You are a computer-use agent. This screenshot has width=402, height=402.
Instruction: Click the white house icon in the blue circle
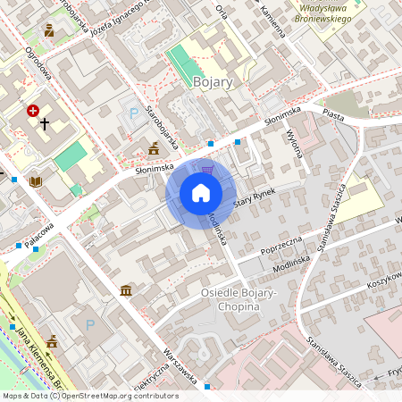[x=201, y=193]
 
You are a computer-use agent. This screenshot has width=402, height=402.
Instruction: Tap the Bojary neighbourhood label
[x=213, y=82]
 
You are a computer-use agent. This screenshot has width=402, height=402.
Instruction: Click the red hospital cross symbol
[x=33, y=111]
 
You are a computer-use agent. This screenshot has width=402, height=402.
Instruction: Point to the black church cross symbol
[x=44, y=122]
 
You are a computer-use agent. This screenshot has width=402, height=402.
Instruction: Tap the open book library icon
[x=36, y=181]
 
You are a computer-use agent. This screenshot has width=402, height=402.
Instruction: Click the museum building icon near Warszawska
[x=126, y=291]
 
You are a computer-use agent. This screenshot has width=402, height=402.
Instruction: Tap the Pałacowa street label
[x=39, y=234]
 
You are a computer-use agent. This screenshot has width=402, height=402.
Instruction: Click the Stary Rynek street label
[x=253, y=198]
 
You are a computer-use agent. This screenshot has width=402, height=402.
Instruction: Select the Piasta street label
[x=333, y=116]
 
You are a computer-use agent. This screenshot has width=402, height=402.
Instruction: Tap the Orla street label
[x=222, y=10]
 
